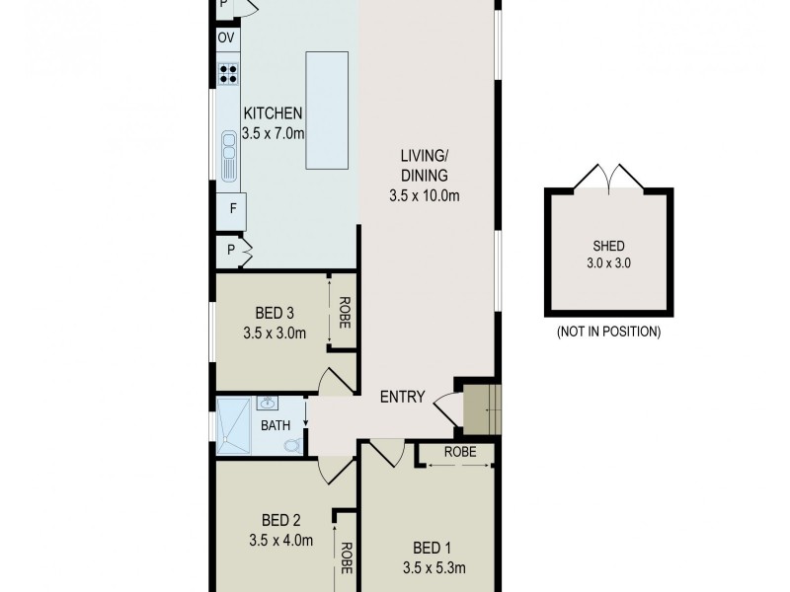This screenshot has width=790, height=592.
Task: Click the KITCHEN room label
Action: (x=273, y=114)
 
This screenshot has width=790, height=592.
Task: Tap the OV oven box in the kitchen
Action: (x=226, y=38)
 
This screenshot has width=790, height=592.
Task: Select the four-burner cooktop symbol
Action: (x=228, y=72)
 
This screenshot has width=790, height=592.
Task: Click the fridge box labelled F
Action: (x=232, y=209)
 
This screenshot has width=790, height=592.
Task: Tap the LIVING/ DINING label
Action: (x=425, y=165)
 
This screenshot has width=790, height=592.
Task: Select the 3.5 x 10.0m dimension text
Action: (x=425, y=195)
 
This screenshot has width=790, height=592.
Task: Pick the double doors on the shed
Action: (x=609, y=179)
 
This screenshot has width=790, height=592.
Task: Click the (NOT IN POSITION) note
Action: (x=608, y=332)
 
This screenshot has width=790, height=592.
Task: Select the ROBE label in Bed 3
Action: (x=346, y=314)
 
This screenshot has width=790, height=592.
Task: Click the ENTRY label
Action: (x=402, y=398)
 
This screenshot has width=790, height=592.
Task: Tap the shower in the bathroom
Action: (x=234, y=426)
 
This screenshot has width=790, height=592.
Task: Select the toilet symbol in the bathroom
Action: (x=291, y=445)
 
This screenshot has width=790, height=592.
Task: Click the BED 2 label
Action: (x=280, y=520)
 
